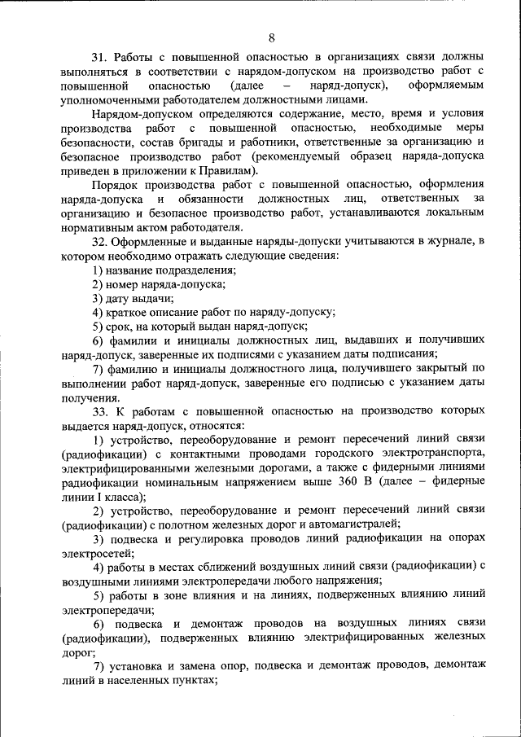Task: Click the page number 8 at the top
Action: [x=271, y=36]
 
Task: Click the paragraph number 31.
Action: [x=99, y=58]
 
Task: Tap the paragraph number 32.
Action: [x=99, y=241]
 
